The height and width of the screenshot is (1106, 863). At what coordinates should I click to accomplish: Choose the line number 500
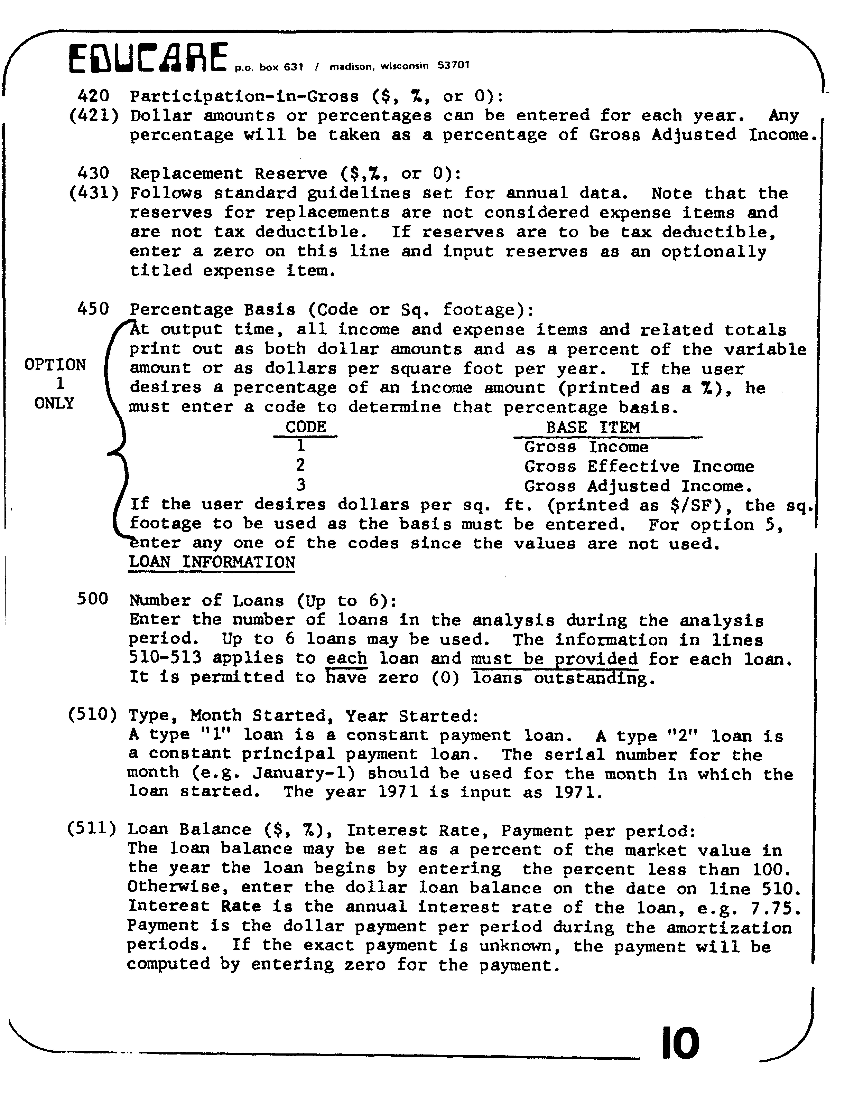tap(93, 600)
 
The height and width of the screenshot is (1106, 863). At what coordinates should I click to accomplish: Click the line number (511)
tap(92, 829)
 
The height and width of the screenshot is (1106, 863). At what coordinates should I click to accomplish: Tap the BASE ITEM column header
tap(593, 427)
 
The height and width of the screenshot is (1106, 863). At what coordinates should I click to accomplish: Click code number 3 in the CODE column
tap(301, 485)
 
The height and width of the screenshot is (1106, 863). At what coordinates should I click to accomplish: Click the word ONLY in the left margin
tap(54, 404)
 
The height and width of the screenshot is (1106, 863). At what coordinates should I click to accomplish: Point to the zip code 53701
tap(454, 65)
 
